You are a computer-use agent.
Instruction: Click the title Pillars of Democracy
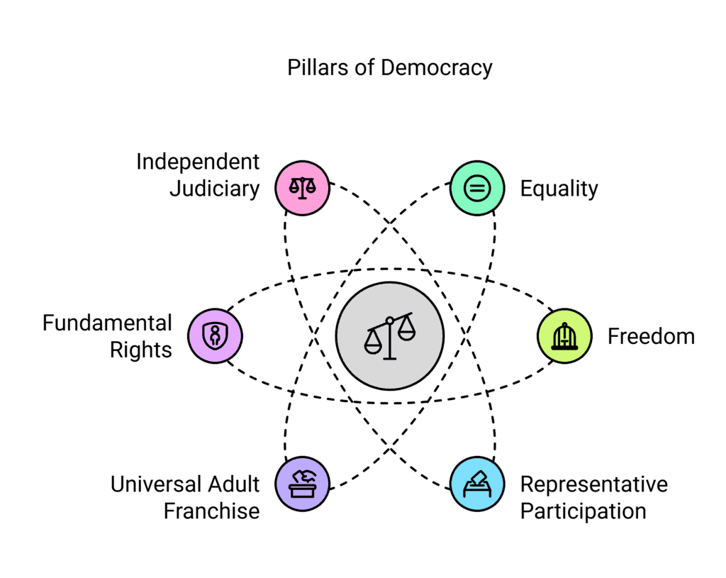pyautogui.click(x=389, y=68)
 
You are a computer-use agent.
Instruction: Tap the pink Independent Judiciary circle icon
pyautogui.click(x=303, y=188)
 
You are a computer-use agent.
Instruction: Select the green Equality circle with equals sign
pyautogui.click(x=477, y=188)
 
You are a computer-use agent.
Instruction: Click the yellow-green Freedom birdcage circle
pyautogui.click(x=564, y=335)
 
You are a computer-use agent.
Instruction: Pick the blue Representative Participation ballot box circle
pyautogui.click(x=477, y=484)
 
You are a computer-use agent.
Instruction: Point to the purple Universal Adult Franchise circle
pyautogui.click(x=303, y=484)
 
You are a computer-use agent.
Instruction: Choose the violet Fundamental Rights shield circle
pyautogui.click(x=215, y=335)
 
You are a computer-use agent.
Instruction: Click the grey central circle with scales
pyautogui.click(x=389, y=335)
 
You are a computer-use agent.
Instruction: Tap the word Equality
pyautogui.click(x=559, y=189)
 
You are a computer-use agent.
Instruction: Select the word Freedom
pyautogui.click(x=651, y=336)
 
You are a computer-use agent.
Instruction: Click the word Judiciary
pyautogui.click(x=214, y=190)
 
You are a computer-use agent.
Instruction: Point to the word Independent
pyautogui.click(x=198, y=162)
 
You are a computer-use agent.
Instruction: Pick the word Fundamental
pyautogui.click(x=107, y=323)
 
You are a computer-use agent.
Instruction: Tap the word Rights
pyautogui.click(x=141, y=350)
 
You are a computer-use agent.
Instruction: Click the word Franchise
pyautogui.click(x=211, y=511)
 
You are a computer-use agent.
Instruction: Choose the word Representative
pyautogui.click(x=594, y=484)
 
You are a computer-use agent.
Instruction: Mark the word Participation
pyautogui.click(x=583, y=511)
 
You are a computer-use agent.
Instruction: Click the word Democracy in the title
pyautogui.click(x=436, y=68)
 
